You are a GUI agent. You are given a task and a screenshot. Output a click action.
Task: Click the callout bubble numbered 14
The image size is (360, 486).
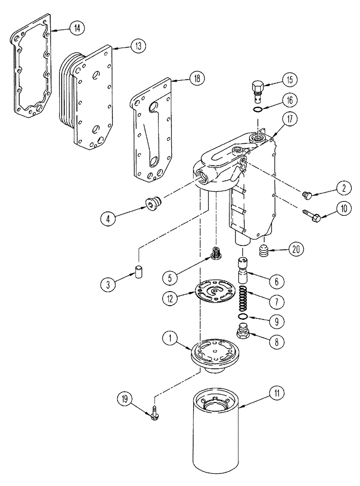pyautogui.click(x=76, y=28)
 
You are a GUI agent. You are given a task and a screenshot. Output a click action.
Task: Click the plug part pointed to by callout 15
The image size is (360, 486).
pyautogui.click(x=258, y=88)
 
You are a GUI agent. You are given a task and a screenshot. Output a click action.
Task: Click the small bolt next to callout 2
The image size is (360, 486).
pyautogui.click(x=307, y=195)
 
